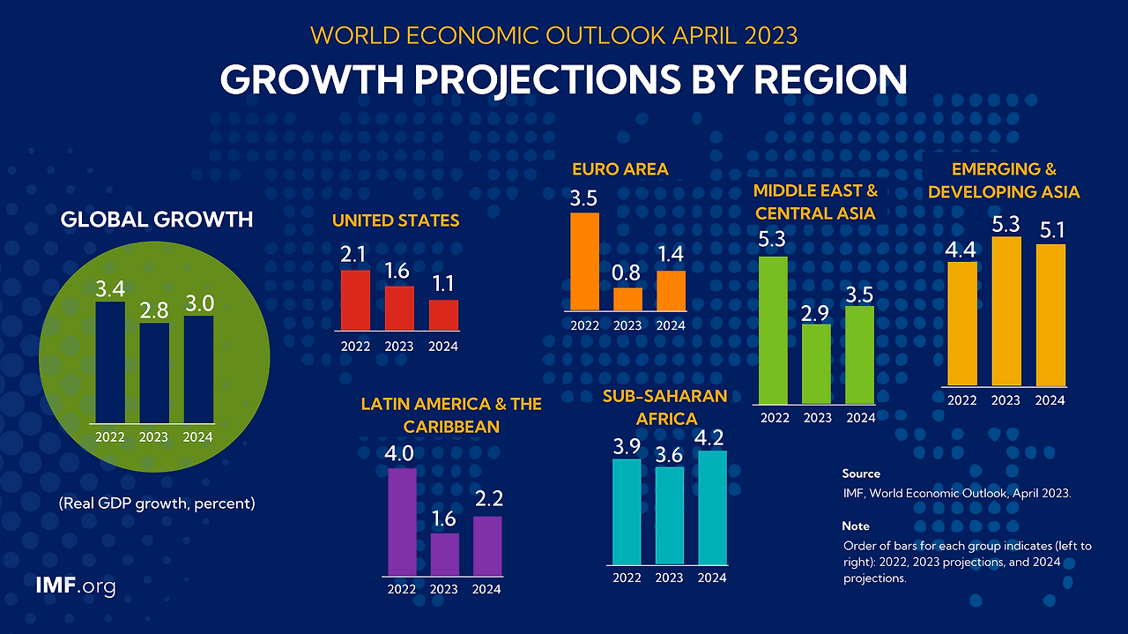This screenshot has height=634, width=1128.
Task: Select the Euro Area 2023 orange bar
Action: [627, 300]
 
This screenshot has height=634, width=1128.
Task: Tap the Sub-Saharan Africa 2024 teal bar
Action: [712, 507]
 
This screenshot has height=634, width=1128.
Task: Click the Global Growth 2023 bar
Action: [153, 372]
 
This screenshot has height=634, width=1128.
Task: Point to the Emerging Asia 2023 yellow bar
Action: [1006, 310]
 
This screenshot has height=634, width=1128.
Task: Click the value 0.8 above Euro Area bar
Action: [627, 272]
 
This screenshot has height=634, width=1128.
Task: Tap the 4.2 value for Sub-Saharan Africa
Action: [712, 436]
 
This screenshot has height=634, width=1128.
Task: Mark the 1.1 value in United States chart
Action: [443, 285]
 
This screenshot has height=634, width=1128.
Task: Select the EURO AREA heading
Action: [620, 169]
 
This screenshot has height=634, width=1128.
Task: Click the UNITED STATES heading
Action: [396, 220]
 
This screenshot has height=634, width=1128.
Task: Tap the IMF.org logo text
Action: [75, 586]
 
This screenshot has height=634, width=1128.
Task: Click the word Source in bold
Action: [860, 474]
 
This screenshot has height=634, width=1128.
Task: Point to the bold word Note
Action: [855, 526]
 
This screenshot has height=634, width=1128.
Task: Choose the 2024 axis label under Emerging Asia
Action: [1050, 400]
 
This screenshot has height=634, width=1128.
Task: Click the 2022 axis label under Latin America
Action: [402, 589]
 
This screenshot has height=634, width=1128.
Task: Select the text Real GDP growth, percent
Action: [157, 504]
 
